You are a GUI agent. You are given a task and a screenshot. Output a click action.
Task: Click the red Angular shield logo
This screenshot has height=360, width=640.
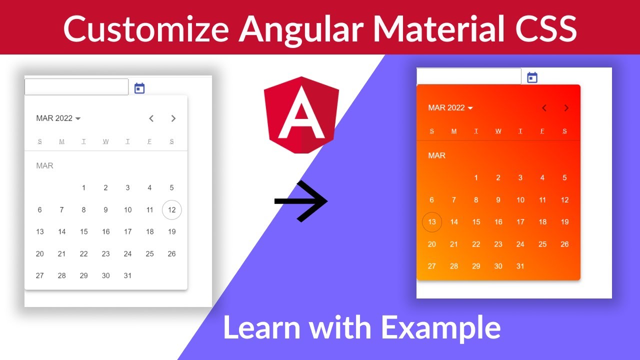point(301,115)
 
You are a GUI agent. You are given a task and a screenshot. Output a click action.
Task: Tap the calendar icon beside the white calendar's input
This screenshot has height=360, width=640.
point(139,88)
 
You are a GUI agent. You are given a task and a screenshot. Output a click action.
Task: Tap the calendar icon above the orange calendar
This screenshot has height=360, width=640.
point(532,77)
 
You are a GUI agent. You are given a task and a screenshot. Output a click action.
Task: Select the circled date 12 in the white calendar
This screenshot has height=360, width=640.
point(171,210)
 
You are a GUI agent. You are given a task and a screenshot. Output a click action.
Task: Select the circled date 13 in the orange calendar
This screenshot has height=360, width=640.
point(432,222)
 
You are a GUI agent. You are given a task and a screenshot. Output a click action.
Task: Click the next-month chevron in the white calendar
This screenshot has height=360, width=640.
point(173,118)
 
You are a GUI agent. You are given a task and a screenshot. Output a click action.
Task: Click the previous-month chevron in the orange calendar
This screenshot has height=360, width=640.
point(544,108)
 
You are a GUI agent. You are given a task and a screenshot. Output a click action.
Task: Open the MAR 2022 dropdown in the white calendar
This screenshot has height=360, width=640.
point(58,118)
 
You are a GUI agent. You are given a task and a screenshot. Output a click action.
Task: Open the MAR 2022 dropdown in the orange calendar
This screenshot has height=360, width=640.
point(450,108)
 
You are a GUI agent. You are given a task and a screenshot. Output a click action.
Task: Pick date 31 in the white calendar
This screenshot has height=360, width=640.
point(127,275)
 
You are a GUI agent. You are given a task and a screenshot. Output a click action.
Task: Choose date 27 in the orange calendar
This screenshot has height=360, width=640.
point(432,266)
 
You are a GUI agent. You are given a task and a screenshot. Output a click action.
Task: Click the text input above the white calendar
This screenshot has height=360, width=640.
point(76,87)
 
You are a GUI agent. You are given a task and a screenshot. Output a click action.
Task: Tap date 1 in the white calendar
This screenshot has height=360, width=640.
point(83,188)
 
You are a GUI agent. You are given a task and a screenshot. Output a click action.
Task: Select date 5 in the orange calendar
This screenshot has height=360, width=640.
point(564,177)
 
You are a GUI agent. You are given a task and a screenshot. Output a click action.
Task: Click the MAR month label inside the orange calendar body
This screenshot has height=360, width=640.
point(436,155)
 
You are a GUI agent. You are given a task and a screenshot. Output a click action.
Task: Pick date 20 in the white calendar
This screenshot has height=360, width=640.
point(39,253)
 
